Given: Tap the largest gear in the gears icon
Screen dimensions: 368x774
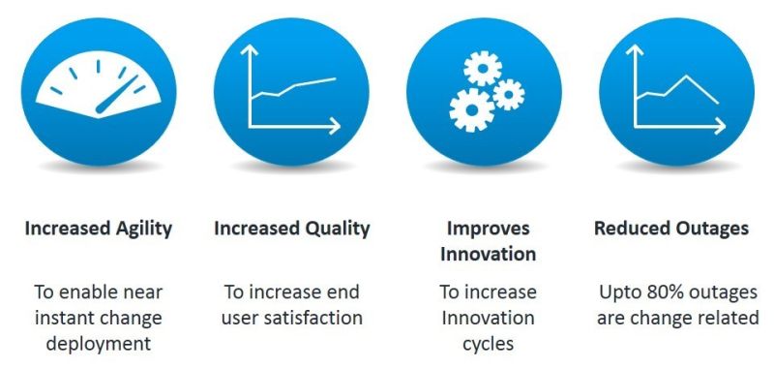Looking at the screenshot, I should click(470, 109).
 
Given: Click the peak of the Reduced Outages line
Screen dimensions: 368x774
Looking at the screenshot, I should click(689, 77).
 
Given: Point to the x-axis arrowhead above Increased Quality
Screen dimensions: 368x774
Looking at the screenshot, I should click(335, 125).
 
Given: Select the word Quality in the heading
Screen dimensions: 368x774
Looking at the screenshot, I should click(339, 229).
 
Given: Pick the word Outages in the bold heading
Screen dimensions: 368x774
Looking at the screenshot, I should click(712, 229).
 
